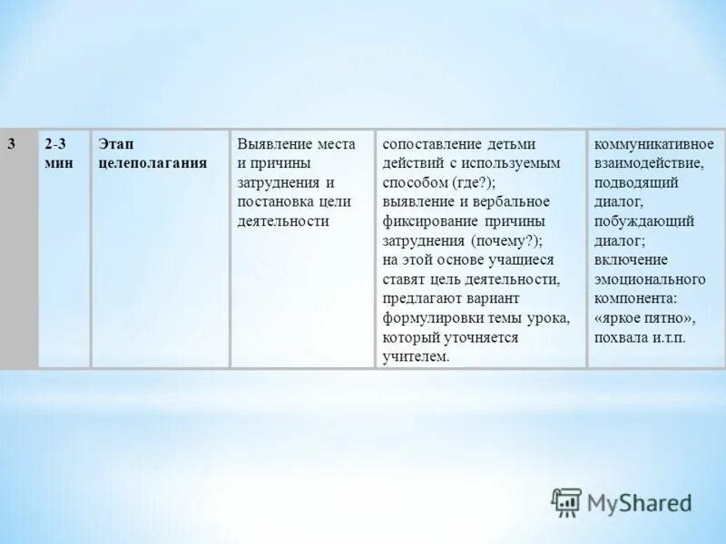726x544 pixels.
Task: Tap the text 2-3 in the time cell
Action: pos(54,144)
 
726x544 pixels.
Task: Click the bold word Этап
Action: pos(115,144)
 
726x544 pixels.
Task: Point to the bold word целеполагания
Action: pos(152,163)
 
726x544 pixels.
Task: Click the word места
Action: pos(337,144)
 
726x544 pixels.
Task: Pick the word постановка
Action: pos(273,201)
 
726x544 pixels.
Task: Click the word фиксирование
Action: pos(427,221)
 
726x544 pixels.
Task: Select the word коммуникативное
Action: pos(654,144)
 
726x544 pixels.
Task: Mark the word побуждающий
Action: pos(644,221)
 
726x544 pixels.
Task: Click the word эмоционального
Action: pos(650,278)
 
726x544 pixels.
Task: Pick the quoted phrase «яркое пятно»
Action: pos(645,317)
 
